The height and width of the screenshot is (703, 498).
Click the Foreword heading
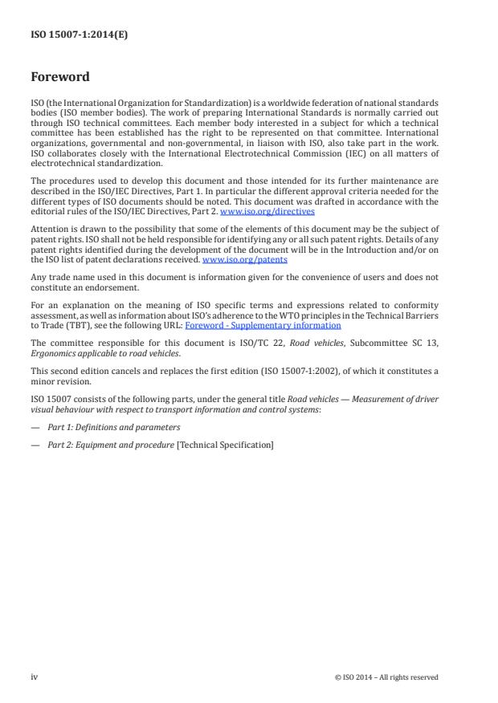pos(59,78)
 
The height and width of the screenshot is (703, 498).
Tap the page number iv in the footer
pos(35,677)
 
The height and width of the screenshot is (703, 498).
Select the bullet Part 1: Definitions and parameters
pos(114,427)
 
